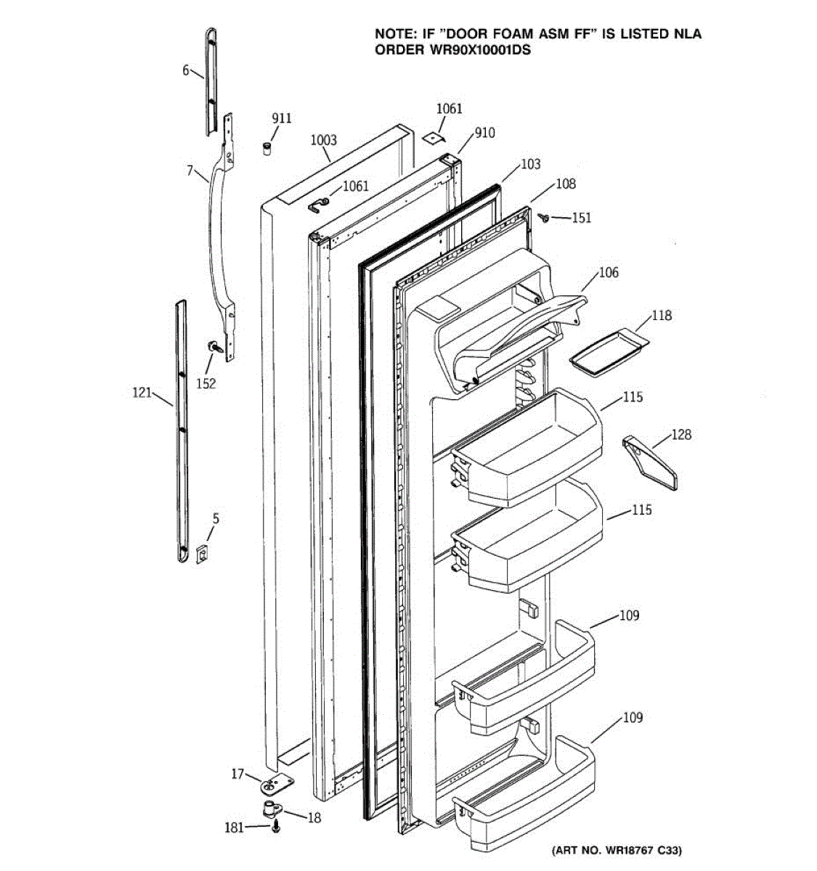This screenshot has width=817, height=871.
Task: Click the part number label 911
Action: click(281, 118)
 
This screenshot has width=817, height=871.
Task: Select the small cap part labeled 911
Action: click(267, 148)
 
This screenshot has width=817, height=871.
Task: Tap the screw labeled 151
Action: click(543, 216)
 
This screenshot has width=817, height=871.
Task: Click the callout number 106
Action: click(609, 272)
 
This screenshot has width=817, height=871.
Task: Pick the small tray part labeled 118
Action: click(609, 351)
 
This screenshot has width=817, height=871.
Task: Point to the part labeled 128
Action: click(650, 462)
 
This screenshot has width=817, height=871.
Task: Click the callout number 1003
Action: click(323, 140)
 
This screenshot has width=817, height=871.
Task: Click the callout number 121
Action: click(142, 393)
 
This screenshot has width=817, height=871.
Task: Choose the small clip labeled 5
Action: click(203, 553)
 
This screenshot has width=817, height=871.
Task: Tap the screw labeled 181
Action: click(276, 827)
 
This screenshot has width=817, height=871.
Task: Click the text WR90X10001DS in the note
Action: click(452, 50)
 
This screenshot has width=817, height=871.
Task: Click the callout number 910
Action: click(484, 133)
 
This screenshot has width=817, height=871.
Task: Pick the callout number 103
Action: click(531, 164)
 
